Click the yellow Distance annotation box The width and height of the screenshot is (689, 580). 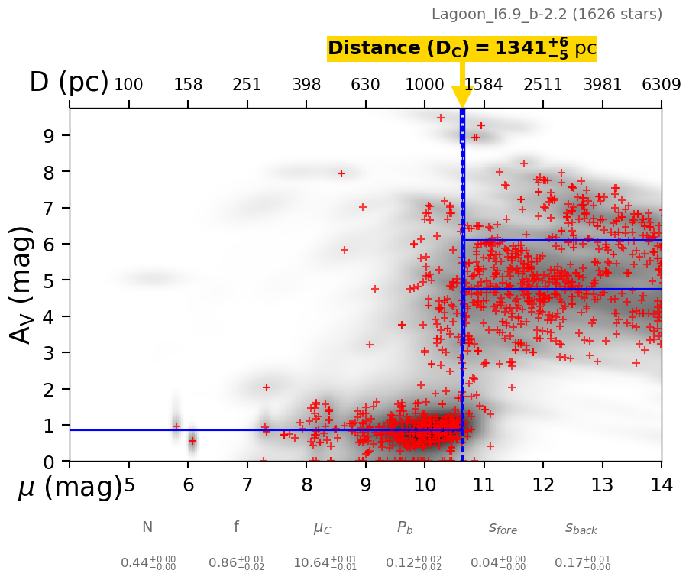coord(461,48)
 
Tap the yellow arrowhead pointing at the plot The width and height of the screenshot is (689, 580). coord(462,97)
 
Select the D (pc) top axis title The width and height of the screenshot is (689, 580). coord(69,82)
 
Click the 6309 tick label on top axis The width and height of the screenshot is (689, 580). coord(662,84)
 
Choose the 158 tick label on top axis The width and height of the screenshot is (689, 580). coord(188,84)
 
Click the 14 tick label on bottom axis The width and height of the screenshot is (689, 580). coord(662,484)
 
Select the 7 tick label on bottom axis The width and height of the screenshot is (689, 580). coord(247,484)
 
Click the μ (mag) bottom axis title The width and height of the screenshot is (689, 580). coord(70,487)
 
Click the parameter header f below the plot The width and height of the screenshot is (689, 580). coord(236,527)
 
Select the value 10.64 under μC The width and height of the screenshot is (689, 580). coord(325,564)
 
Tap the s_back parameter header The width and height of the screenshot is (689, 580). coord(581,528)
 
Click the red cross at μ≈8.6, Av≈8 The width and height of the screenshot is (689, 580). coord(341,173)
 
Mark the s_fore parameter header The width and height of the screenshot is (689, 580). coord(503,528)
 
